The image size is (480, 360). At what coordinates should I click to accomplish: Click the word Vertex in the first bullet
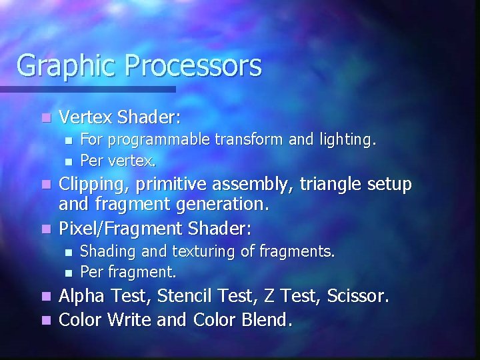[x=85, y=117]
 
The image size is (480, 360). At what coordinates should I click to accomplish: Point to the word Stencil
[x=184, y=295]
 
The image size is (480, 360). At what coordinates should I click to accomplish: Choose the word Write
[x=128, y=319]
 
